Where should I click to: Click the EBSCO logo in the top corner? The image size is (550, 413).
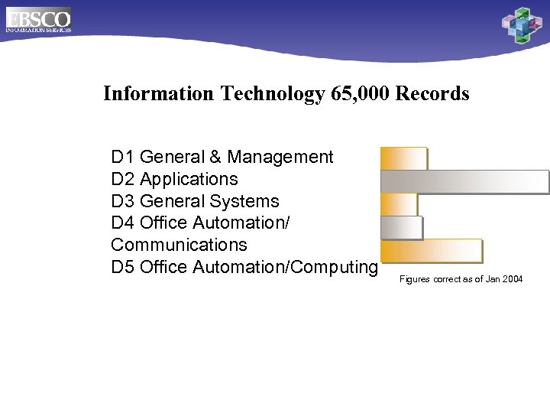coord(38,19)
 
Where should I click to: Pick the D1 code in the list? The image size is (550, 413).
coord(122,158)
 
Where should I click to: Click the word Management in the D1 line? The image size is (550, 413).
coord(280,158)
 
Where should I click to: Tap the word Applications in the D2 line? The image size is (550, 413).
coord(189,180)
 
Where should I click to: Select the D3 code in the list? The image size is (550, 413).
coord(122,202)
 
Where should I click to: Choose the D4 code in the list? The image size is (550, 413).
coord(122,223)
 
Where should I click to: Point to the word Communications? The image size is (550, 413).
coord(179,246)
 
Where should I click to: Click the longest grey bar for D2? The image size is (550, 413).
coord(464,181)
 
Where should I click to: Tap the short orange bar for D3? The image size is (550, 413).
coord(398,204)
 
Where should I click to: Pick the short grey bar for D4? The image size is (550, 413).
coord(401,228)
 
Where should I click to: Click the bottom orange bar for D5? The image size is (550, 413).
coord(432,251)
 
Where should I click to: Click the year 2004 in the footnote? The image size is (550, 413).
coord(513,280)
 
